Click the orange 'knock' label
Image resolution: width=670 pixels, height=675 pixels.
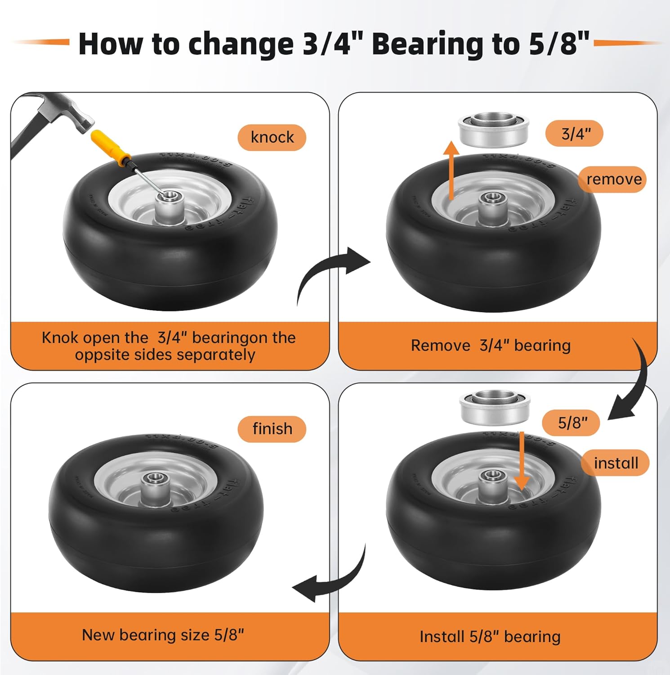(x=272, y=137)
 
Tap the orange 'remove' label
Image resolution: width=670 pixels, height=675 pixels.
(x=613, y=179)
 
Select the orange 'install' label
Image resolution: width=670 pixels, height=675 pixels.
(x=616, y=463)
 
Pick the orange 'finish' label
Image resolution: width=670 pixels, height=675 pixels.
(x=272, y=428)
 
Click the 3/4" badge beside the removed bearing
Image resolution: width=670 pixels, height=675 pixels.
(x=575, y=133)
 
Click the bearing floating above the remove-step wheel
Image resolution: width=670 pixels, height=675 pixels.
(x=493, y=130)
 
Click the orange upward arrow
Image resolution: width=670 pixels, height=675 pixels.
(x=451, y=169)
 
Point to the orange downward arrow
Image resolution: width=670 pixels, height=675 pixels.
(x=521, y=463)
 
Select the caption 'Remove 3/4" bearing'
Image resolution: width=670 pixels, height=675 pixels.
(x=491, y=346)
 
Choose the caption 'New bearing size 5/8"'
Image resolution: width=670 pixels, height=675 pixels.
(x=163, y=635)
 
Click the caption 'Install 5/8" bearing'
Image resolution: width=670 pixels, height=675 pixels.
(x=490, y=637)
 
